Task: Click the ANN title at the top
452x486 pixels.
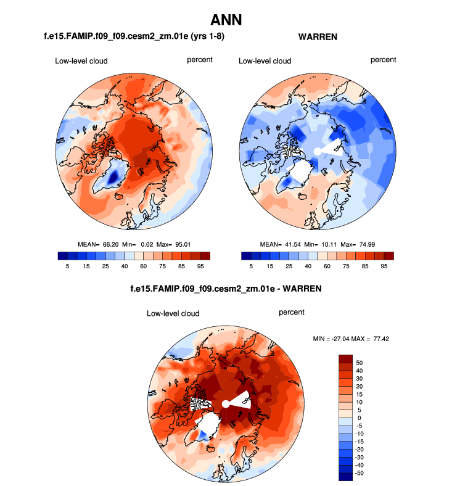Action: [226, 20]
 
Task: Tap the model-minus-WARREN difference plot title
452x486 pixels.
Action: [225, 288]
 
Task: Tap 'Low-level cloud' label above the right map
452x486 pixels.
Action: [265, 61]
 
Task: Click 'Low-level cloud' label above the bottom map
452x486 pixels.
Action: [173, 313]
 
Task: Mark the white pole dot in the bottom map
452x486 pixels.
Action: [226, 404]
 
